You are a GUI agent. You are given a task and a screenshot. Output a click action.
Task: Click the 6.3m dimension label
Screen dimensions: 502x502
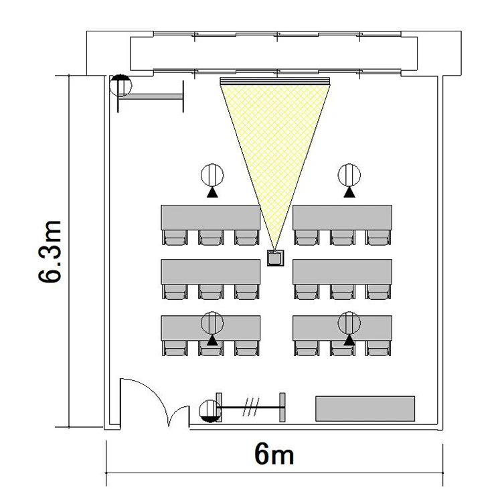50,251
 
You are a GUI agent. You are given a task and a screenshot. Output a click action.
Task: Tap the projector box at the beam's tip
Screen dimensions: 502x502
276,258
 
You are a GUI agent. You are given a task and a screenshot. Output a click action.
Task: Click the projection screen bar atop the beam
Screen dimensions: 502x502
275,81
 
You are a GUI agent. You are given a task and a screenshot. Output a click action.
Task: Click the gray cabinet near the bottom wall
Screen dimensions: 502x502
365,408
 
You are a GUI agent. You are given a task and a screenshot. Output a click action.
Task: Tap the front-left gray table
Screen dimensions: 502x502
211,217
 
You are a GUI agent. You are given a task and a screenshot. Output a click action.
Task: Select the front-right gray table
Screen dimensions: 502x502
342,217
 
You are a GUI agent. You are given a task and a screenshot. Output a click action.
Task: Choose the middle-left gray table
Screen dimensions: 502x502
211,272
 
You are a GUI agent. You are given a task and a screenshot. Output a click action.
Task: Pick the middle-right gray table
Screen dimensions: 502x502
342,272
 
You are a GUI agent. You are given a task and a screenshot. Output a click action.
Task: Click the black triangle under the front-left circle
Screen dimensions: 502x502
212,192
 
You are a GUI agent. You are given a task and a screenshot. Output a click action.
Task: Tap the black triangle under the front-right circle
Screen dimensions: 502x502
349,192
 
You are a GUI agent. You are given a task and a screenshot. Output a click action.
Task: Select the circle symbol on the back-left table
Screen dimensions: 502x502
212,323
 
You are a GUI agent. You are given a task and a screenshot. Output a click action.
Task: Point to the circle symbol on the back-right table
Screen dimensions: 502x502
349,323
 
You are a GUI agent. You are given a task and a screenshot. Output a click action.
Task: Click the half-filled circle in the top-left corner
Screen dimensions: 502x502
120,86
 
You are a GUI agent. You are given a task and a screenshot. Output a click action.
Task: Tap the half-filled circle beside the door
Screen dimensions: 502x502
210,411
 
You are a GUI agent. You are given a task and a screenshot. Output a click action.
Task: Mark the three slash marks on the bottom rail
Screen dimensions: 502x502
251,407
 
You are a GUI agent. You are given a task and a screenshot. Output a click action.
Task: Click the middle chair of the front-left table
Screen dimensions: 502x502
211,237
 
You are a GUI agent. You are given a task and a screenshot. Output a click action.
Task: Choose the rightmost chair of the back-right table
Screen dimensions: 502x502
378,348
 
